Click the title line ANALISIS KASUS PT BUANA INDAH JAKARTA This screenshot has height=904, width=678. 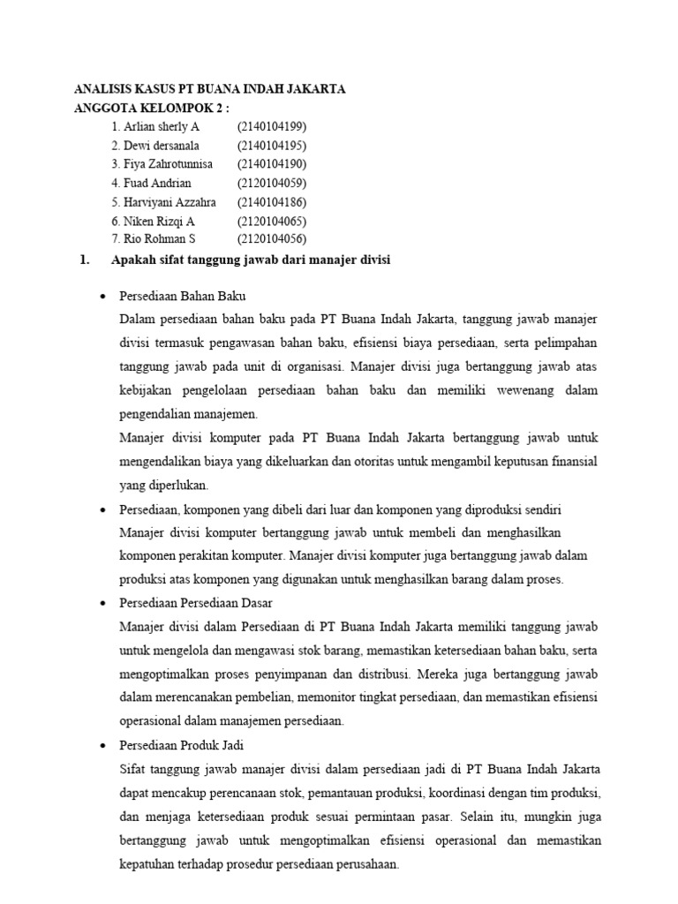[x=208, y=89]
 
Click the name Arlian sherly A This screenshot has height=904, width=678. [x=155, y=127]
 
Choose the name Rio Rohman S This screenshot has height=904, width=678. [x=153, y=239]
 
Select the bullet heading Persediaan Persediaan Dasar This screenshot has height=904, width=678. [x=196, y=602]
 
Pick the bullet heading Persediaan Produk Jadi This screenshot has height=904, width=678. [x=183, y=745]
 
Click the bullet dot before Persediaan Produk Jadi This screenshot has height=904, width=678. [x=104, y=746]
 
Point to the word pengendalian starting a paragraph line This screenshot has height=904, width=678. [x=155, y=413]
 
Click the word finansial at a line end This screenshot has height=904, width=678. [x=576, y=461]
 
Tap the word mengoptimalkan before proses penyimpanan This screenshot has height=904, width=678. [x=163, y=674]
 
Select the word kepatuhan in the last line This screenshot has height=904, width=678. [x=148, y=864]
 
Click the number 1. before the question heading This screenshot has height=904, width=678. [x=85, y=260]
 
